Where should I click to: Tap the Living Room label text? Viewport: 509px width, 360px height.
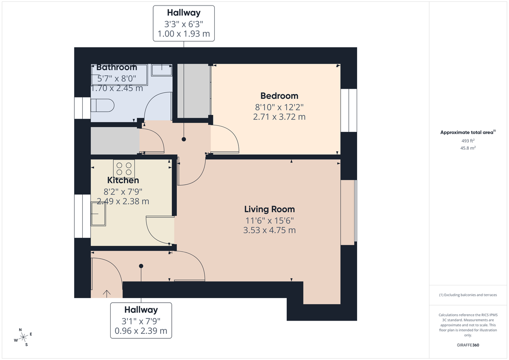[269, 209]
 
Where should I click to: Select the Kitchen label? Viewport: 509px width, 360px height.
[123, 181]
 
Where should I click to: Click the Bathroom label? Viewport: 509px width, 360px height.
[117, 67]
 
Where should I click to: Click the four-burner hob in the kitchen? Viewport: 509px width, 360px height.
[124, 169]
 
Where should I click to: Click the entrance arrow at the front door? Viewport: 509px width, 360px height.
[106, 293]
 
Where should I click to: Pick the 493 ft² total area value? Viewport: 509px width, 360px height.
[468, 141]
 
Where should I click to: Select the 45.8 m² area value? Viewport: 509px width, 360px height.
[468, 148]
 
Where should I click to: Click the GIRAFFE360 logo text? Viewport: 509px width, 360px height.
[468, 345]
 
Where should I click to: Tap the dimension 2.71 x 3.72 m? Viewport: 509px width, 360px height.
[279, 117]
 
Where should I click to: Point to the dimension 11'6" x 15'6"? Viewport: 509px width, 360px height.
[269, 220]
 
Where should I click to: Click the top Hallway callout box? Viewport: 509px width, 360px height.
[184, 23]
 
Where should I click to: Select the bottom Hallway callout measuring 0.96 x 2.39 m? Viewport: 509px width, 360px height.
[141, 321]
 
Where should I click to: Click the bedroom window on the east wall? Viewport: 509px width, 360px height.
[349, 110]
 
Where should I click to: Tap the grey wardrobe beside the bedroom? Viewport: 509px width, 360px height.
[194, 91]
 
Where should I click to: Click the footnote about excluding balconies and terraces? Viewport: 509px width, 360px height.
[468, 295]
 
